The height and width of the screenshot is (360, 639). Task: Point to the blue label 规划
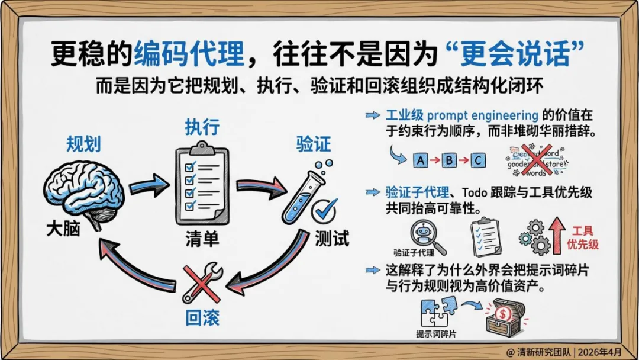coord(83,144)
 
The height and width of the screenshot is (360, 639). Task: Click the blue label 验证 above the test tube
coord(313,144)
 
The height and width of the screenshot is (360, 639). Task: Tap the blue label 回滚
coord(201,317)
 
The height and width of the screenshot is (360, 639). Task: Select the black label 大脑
coord(63,229)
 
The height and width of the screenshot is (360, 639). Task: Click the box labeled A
coord(421,160)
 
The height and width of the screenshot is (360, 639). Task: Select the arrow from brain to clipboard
coord(145,184)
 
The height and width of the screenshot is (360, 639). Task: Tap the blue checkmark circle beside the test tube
coord(324,208)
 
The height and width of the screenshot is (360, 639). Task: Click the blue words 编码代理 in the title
coord(189,55)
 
